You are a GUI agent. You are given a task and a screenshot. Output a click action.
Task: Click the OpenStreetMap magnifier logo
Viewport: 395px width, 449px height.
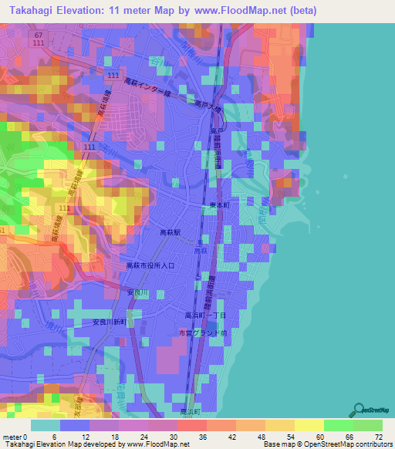[358, 409]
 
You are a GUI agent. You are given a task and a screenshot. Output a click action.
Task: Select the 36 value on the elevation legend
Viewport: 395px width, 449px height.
[202, 436]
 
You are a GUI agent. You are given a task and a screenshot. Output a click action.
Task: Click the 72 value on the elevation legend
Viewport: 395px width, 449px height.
[377, 436]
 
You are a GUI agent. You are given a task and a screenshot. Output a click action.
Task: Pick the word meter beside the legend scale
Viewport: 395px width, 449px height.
[12, 436]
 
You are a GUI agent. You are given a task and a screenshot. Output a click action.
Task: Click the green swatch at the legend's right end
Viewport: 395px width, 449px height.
[368, 425]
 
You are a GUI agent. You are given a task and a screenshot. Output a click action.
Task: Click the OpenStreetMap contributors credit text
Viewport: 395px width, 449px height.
[344, 444]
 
